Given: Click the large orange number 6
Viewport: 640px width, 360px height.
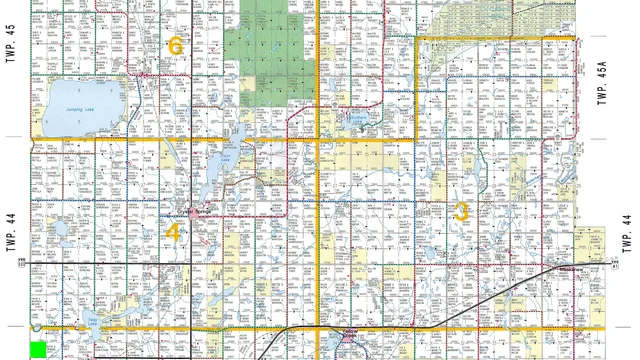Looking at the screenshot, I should click(176, 45).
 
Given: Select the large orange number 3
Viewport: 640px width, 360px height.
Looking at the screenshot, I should click(461, 211).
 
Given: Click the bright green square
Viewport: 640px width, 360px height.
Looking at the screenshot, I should click(40, 350).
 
